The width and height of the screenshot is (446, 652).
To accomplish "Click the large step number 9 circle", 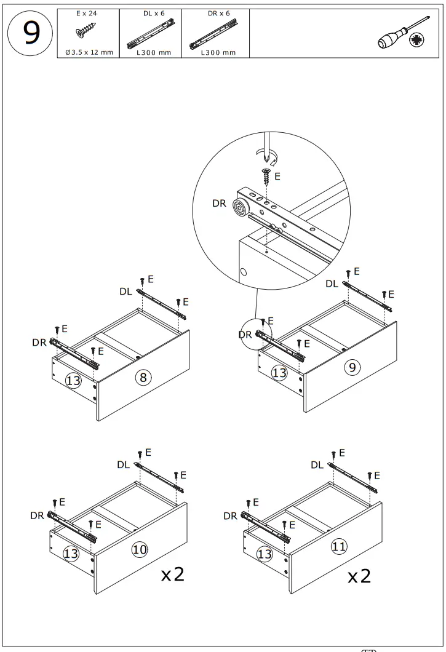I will [28, 34].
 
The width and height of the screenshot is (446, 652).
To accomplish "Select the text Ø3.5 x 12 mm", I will [89, 52].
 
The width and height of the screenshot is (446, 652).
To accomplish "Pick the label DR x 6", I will [218, 13].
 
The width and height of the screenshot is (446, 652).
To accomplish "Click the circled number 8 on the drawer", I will [143, 377].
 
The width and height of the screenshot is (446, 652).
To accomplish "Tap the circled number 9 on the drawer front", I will [351, 368].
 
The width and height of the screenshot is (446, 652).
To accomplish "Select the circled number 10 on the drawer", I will [140, 549].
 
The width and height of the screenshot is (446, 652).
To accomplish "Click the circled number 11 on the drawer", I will [338, 546].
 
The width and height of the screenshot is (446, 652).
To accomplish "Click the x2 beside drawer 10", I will [173, 574].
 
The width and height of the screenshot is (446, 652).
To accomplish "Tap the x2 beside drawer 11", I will [359, 576].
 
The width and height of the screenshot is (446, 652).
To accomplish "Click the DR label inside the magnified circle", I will [219, 203].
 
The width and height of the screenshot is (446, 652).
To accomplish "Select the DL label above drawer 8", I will [125, 292].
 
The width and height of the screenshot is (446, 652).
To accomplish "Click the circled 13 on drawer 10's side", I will [71, 554].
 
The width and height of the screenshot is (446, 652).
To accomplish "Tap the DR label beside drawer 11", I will [230, 515].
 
